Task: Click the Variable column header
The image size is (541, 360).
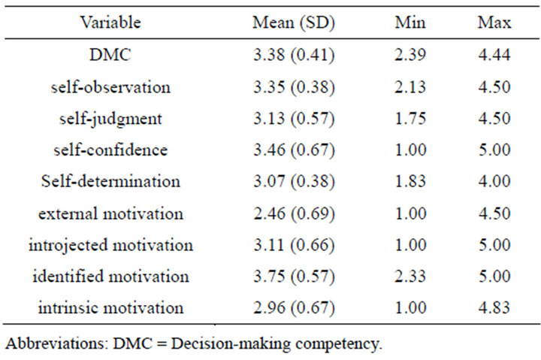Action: coord(110,23)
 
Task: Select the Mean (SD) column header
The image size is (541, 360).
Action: coord(293,23)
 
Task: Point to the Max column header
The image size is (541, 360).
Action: coord(494,23)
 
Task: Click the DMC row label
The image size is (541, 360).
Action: coord(110,55)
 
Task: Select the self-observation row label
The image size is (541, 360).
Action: coord(110,86)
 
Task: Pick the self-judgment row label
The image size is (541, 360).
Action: coord(110,118)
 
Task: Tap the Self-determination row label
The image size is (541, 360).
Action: coord(110,181)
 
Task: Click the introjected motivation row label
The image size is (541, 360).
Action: coord(110,245)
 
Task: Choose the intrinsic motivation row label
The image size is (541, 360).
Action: coord(110,308)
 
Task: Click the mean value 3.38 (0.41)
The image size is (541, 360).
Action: coord(293,55)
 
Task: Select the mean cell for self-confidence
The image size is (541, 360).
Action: coord(293,150)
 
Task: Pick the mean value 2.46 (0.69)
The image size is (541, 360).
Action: coord(293,213)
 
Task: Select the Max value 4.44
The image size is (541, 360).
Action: coord(494,55)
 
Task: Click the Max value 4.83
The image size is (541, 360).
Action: coord(494,308)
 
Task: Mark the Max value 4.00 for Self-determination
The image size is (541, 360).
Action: coord(494,181)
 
